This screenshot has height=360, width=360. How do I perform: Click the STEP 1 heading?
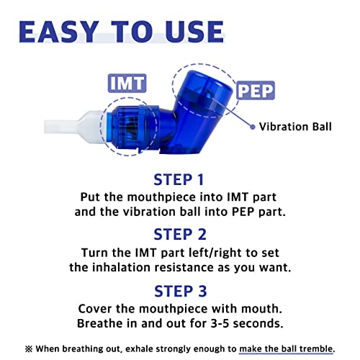coord(180,179)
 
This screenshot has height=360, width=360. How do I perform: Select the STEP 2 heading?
coord(180,234)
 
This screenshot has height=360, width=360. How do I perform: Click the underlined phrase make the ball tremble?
coord(287,348)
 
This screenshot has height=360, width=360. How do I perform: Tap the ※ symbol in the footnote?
coord(28,348)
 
